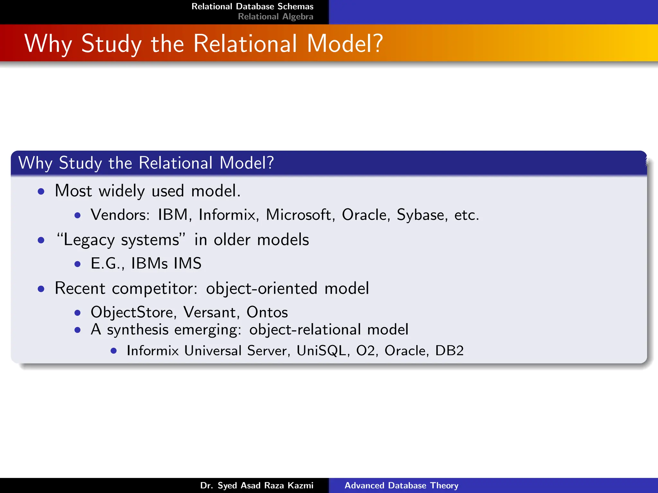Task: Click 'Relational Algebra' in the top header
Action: pos(275,17)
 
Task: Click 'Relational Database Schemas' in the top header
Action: pos(252,6)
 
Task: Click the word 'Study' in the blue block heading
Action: pos(80,163)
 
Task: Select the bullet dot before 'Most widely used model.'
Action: pos(41,192)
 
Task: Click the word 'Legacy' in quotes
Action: pos(89,240)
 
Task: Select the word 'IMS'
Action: pos(188,264)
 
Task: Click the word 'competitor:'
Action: pos(155,289)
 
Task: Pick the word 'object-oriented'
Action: pos(262,289)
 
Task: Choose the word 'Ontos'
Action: pos(267,312)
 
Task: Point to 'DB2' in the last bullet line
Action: pos(449,350)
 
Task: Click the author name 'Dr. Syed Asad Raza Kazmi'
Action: pos(257,485)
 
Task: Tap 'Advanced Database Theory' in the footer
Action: pos(401,485)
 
